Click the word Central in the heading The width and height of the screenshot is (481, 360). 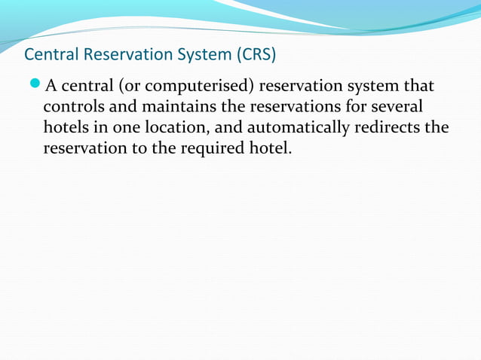48,55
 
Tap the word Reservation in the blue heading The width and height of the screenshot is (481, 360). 116,55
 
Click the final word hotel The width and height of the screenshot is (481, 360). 268,148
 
